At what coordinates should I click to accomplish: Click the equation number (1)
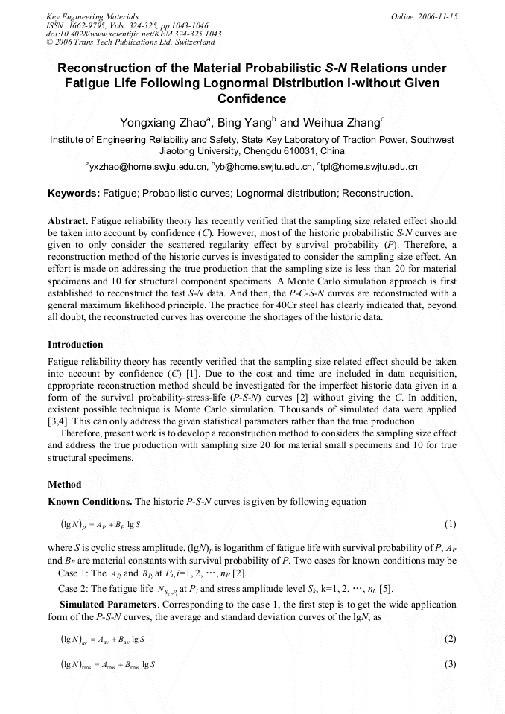tap(450, 524)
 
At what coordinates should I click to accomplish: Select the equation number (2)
tap(450, 640)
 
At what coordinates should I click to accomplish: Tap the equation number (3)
tap(450, 664)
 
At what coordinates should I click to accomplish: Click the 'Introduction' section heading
tap(75, 345)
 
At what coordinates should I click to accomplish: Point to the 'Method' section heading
tap(64, 485)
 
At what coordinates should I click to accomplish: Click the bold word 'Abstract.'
tap(69, 221)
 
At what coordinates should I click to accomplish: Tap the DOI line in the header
tap(134, 34)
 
